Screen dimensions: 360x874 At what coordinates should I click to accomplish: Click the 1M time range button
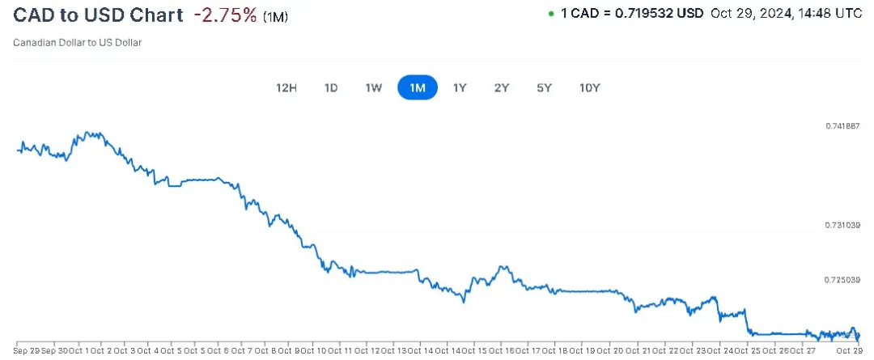tap(418, 87)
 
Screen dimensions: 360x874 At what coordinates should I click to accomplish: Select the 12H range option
tap(286, 87)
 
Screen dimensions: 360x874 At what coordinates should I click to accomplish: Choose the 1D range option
tap(330, 87)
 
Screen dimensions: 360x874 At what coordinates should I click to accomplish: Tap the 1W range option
tap(373, 87)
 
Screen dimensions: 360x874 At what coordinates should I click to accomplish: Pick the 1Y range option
tap(459, 87)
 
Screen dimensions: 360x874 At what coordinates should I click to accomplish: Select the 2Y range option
tap(502, 87)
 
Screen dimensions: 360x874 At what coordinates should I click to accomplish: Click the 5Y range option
tap(544, 87)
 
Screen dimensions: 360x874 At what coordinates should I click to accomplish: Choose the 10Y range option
tap(589, 87)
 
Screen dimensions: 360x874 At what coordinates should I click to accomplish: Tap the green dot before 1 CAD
tap(551, 14)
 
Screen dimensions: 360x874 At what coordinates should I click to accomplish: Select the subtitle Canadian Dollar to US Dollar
tap(78, 42)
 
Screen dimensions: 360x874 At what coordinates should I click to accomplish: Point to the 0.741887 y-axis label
tap(842, 126)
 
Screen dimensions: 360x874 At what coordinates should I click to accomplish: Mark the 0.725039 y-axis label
tap(842, 280)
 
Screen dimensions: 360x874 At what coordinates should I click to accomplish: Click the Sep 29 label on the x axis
tap(27, 351)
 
